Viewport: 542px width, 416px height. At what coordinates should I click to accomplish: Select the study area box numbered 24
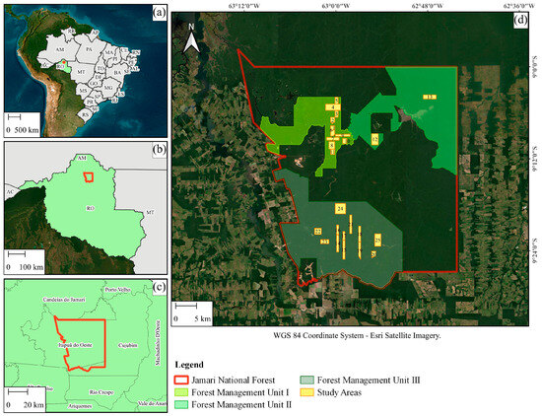[x=340, y=210]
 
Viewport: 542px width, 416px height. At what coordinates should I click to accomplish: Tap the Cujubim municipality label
[x=130, y=345]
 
